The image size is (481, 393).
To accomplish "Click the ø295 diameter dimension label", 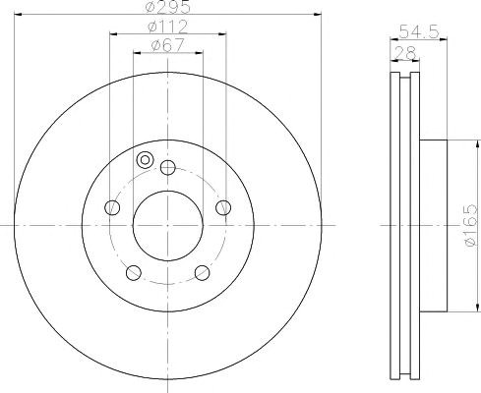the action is pyautogui.click(x=168, y=7).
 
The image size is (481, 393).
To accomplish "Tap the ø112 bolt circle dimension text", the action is pyautogui.click(x=168, y=27).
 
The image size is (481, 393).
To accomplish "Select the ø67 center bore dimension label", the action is pyautogui.click(x=167, y=45).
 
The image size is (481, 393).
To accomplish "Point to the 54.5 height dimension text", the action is pyautogui.click(x=419, y=32).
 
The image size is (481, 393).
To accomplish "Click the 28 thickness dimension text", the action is pyautogui.click(x=405, y=52).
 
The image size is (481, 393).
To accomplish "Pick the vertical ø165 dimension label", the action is pyautogui.click(x=471, y=225).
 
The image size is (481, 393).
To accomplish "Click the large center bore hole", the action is pyautogui.click(x=168, y=226).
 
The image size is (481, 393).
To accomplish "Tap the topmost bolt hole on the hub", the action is pyautogui.click(x=168, y=167).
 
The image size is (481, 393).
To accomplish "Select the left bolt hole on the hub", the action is pyautogui.click(x=112, y=207).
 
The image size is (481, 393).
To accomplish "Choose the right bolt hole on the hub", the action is pyautogui.click(x=223, y=207).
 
